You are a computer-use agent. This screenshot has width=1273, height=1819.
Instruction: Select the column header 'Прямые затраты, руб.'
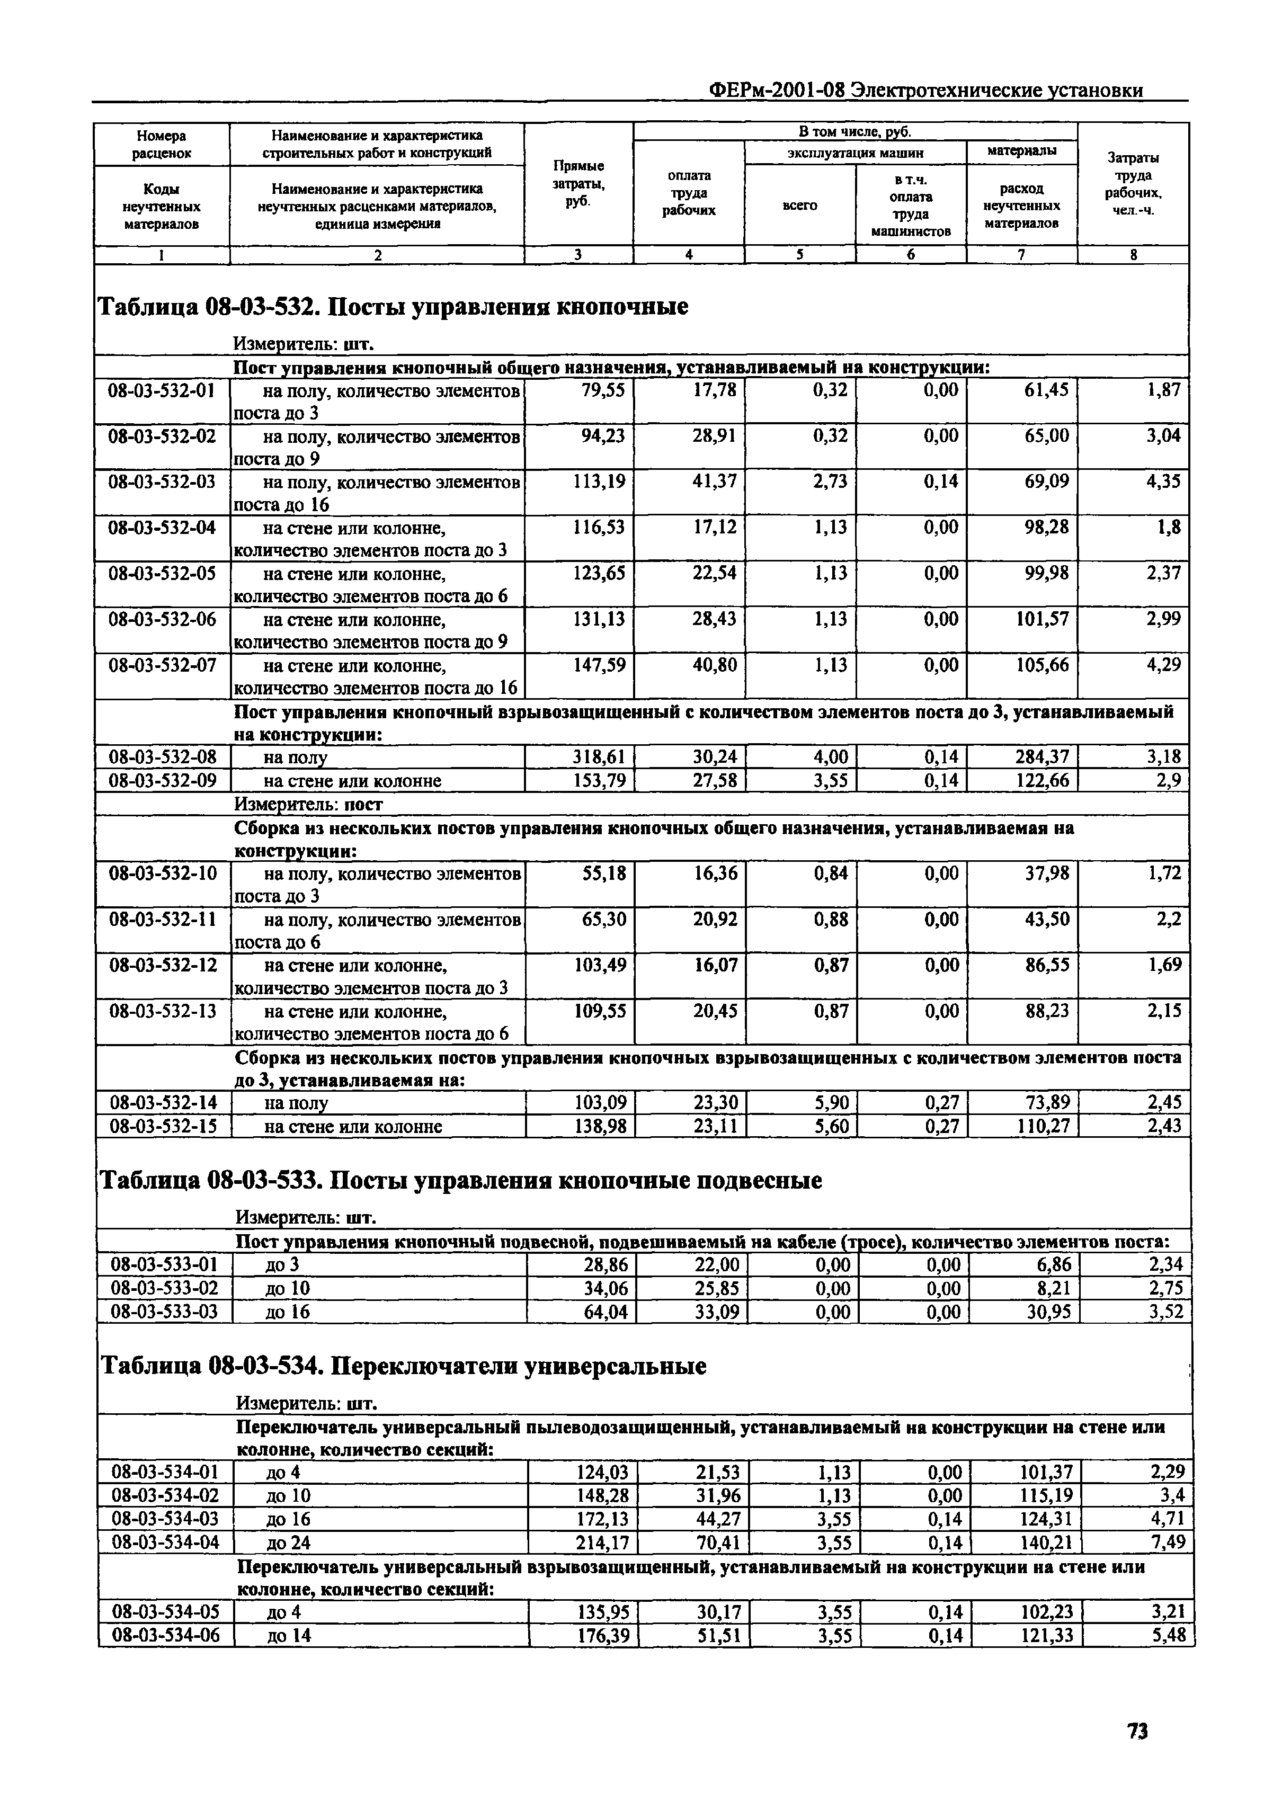click(578, 183)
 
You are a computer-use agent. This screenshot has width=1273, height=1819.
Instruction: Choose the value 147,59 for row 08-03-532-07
click(600, 665)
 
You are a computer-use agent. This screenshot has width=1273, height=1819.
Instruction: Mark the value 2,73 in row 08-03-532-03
click(830, 481)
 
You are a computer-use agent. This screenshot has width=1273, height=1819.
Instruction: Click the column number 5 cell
click(800, 254)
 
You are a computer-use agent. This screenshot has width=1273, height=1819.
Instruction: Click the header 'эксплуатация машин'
click(854, 151)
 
